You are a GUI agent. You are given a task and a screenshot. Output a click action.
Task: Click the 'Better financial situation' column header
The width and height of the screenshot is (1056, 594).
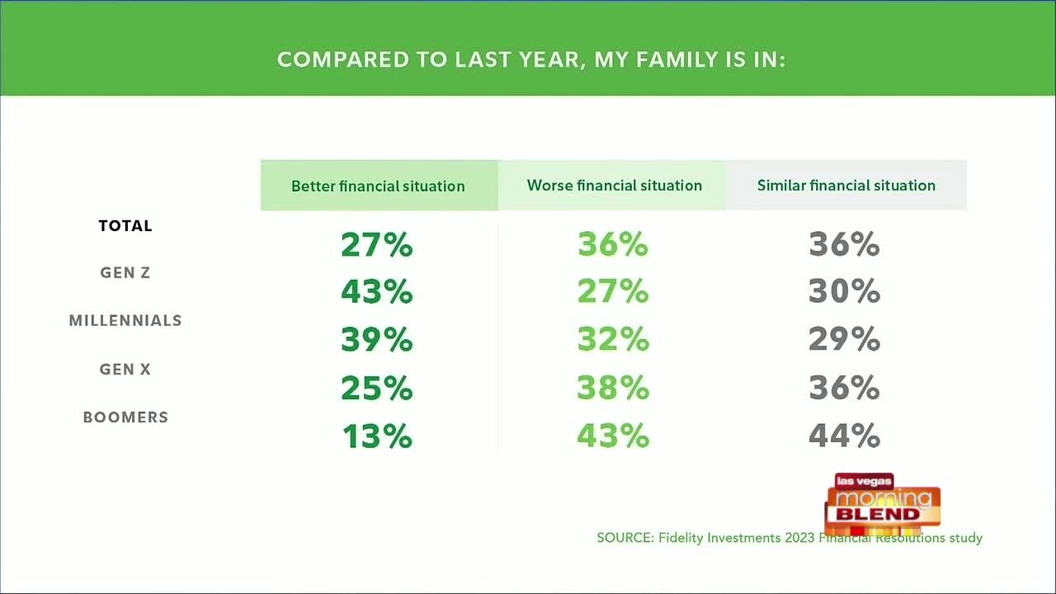pos(378,186)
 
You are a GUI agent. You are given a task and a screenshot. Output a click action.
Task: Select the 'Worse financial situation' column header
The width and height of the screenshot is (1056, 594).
pos(615,186)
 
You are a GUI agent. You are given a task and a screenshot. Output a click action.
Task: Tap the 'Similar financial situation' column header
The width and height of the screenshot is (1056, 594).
pos(846,186)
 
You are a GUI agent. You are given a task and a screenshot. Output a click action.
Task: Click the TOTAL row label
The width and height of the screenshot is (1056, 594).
pos(125,226)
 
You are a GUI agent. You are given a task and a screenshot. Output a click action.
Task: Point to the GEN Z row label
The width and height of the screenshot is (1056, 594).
pos(125,273)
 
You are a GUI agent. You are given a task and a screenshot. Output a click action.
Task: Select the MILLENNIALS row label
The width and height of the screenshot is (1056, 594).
pos(125,321)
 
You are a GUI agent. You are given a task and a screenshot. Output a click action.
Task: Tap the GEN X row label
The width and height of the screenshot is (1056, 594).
pos(125,370)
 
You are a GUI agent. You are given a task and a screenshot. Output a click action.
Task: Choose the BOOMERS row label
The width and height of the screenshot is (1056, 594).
pos(125,417)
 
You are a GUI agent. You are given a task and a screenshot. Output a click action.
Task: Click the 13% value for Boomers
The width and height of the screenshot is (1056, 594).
pos(377,436)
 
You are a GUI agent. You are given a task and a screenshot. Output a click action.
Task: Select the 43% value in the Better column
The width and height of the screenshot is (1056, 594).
pos(377,292)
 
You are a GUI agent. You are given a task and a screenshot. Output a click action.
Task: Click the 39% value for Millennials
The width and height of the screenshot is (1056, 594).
pos(377,340)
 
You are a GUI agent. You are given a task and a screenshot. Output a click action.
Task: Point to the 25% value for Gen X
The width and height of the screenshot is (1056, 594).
pos(377,389)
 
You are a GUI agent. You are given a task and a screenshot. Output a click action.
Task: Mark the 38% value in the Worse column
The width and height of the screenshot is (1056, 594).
pos(613,389)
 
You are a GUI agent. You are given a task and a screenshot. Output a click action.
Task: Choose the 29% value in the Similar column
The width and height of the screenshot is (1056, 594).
pos(844,340)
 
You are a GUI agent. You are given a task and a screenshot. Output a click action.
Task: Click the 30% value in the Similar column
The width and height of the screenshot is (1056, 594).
pos(844,292)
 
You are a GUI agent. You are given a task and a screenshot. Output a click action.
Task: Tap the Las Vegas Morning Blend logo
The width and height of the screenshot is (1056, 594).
pos(883,503)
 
